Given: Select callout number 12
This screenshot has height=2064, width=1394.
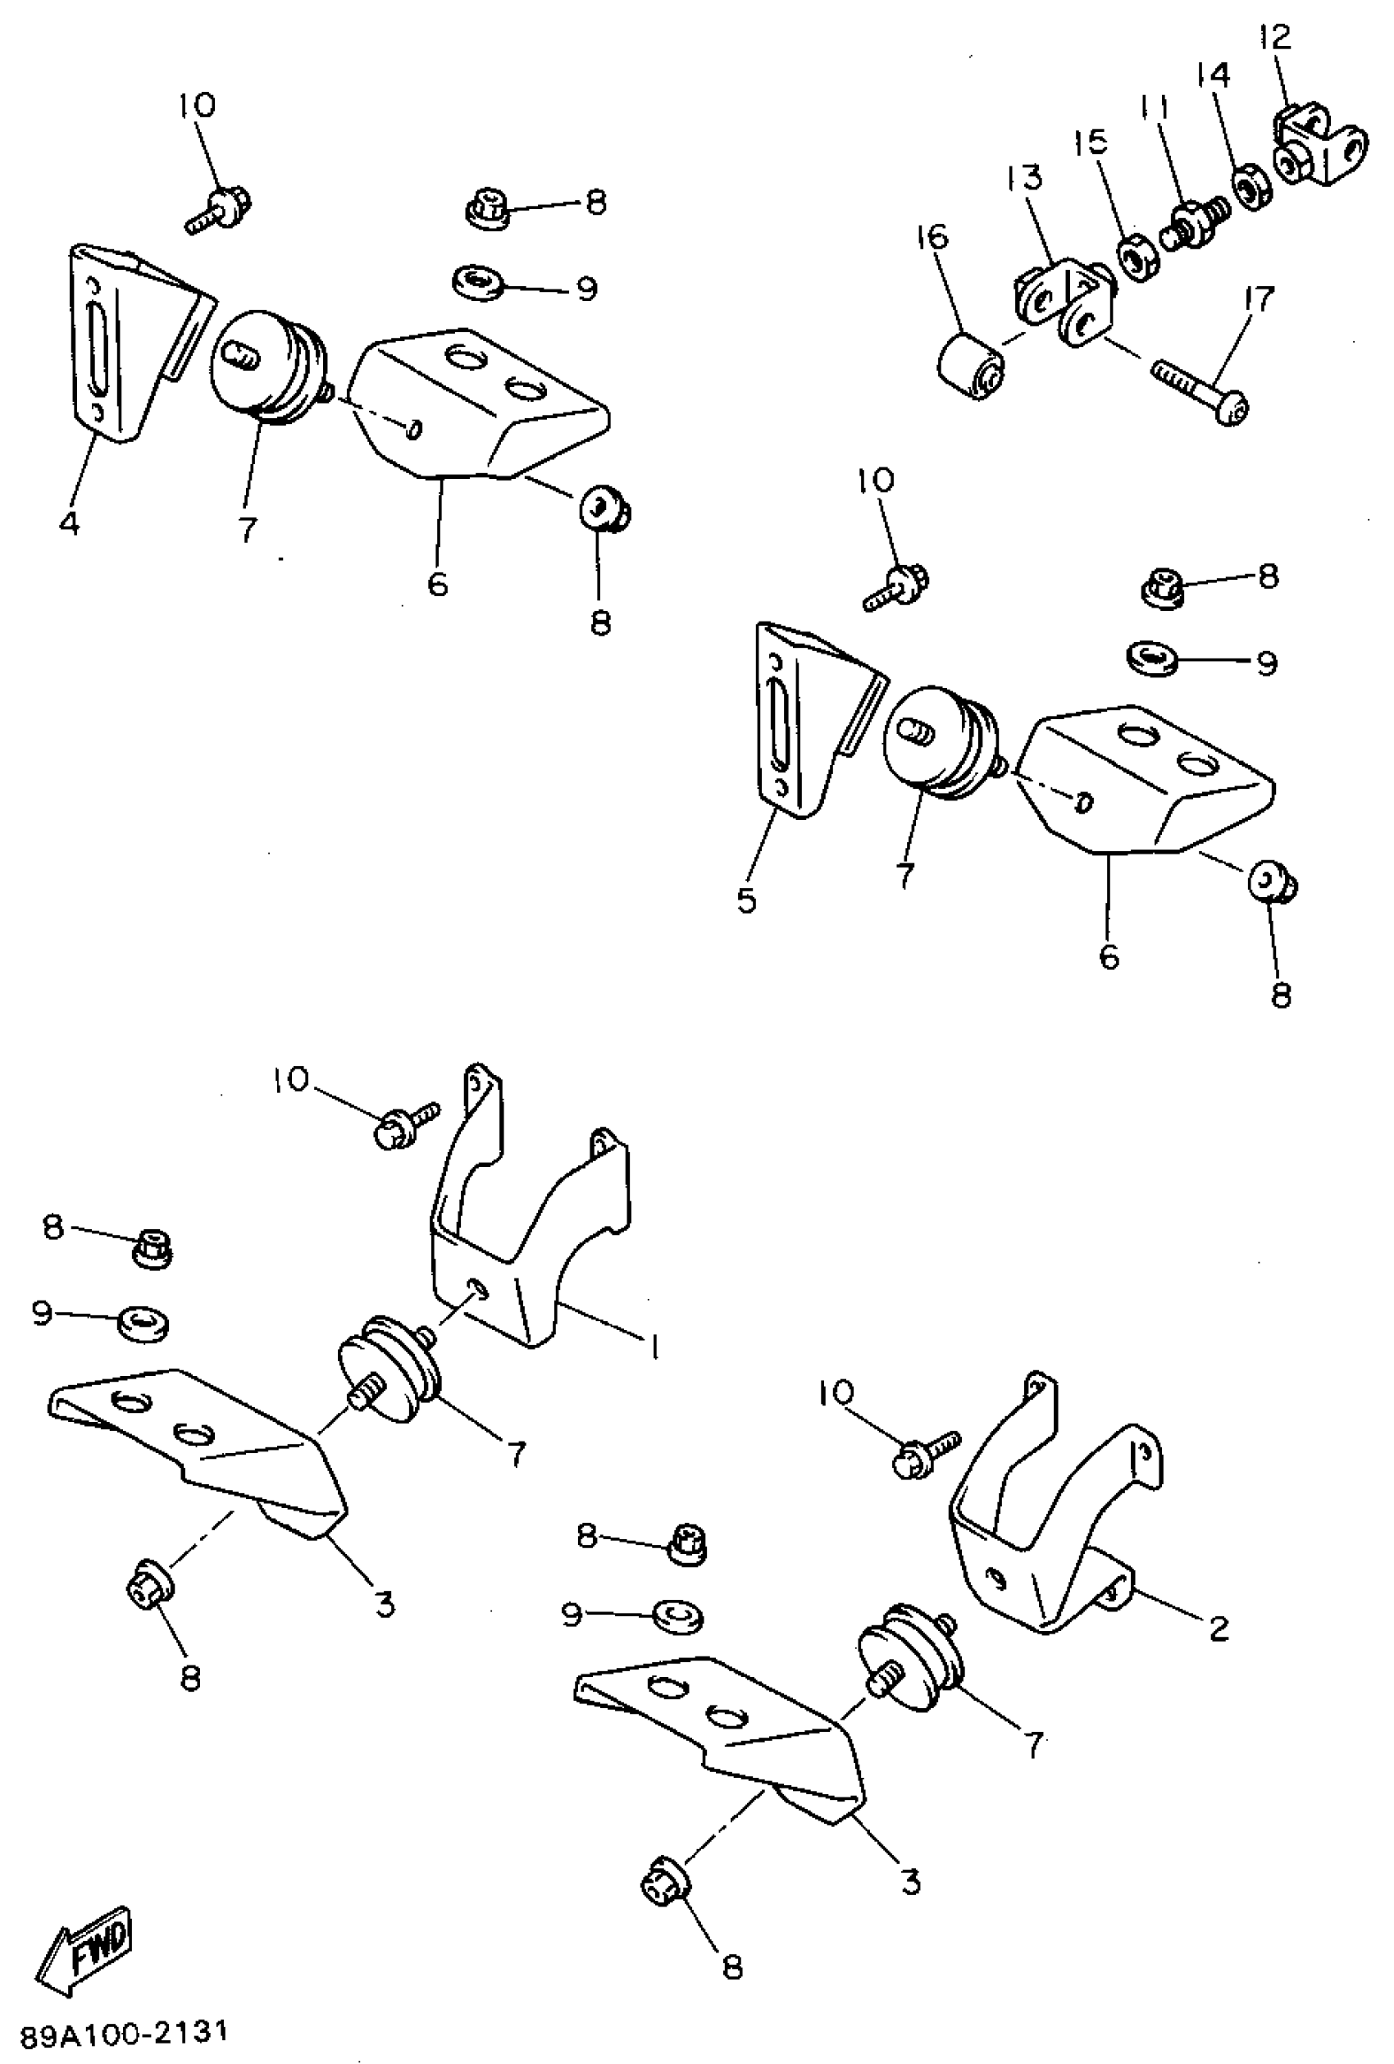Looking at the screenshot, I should [x=1275, y=37].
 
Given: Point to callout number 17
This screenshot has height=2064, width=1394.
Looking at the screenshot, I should [x=1259, y=298].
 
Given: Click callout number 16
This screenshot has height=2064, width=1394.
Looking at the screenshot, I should [x=933, y=237].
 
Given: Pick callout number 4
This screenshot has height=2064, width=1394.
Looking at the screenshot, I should [x=69, y=524].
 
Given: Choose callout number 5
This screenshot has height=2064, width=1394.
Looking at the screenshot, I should [x=747, y=900].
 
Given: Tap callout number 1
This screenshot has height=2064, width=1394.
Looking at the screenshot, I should [x=654, y=1349].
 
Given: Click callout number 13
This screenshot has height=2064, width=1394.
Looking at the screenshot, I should [x=1026, y=179].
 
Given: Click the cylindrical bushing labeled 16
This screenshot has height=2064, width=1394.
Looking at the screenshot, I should [x=972, y=365].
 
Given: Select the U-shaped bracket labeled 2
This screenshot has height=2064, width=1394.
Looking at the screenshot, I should [x=1048, y=1528].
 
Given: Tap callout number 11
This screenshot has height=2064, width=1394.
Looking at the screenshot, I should [x=1155, y=108].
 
